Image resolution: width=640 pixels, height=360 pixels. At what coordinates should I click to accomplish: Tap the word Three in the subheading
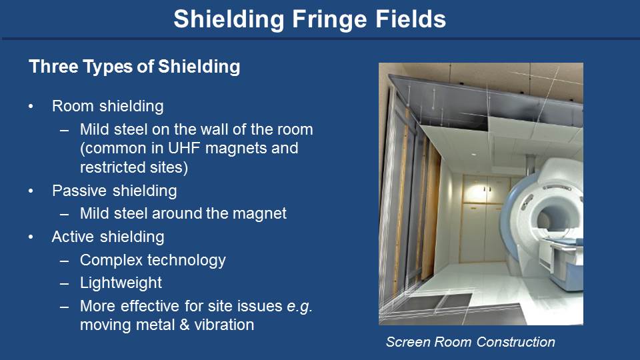pos(53,67)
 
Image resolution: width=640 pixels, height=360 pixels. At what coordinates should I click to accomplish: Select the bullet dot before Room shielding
pos(31,107)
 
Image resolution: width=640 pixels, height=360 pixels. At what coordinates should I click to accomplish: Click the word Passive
pos(79,191)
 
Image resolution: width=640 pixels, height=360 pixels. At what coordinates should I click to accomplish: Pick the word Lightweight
pos(121,283)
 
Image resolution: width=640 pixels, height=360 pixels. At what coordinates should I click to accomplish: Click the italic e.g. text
pos(299,307)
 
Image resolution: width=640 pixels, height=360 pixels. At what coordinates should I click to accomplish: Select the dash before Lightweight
pos(64,283)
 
